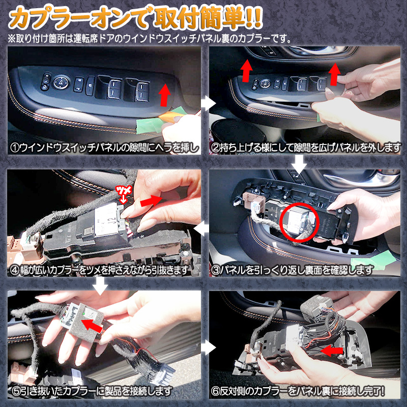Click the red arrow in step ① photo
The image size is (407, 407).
tap(164, 95)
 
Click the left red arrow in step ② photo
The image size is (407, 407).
tap(246, 70)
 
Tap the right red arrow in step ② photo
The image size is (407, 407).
tap(334, 74)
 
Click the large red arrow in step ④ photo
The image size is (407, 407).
tap(151, 201)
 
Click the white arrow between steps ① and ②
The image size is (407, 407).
tap(207, 103)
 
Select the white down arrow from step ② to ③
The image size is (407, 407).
tap(300, 164)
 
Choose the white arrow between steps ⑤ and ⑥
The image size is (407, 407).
tap(207, 348)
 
